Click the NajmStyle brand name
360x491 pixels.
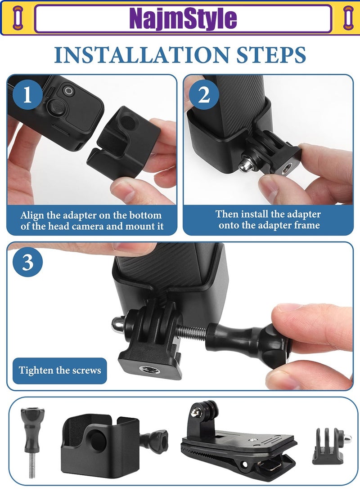pos(183,18)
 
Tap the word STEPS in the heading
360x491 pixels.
pos(274,54)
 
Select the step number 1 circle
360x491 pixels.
pos(27,95)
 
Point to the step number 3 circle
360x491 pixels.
pos(27,263)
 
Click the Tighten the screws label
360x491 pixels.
pos(60,370)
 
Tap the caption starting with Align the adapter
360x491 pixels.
pos(91,220)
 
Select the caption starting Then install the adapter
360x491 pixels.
pos(268,219)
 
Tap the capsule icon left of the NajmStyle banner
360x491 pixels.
pos(18,18)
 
